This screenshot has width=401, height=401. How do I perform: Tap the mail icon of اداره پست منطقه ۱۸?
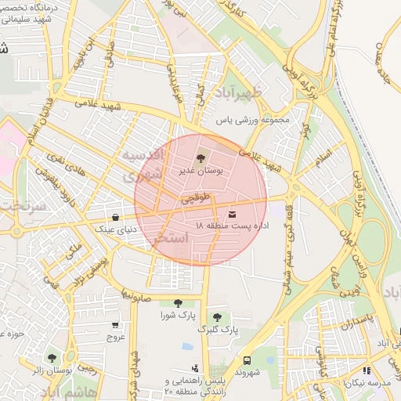[x=232, y=214]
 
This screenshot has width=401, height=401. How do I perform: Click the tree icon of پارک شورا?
[x=177, y=303]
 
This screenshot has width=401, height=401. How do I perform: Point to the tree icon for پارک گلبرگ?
[x=217, y=317]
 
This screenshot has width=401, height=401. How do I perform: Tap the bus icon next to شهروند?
[x=247, y=361]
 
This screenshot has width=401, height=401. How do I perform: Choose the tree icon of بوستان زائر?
[x=52, y=357]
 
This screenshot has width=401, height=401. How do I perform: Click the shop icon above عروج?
[x=116, y=325]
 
